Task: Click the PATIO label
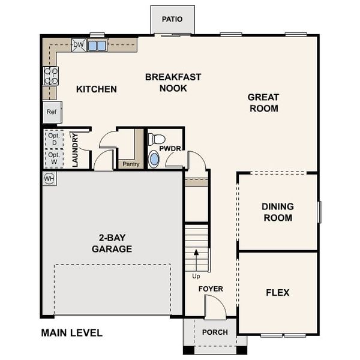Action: tap(172, 19)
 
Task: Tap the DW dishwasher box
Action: tap(78, 44)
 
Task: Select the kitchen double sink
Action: tap(97, 45)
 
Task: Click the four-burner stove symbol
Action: tap(51, 76)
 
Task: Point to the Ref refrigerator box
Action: tap(52, 112)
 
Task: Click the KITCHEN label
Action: tap(97, 89)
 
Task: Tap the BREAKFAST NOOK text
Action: tap(173, 83)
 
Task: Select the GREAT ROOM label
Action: tap(263, 103)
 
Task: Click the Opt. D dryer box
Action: tap(54, 139)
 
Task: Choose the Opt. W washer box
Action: tap(54, 158)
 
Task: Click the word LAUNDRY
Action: tap(76, 149)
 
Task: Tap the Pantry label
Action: tap(131, 164)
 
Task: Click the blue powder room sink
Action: tap(154, 159)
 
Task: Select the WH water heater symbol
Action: tap(49, 179)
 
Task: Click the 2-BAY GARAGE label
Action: tap(112, 244)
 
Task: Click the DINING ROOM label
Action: tap(277, 212)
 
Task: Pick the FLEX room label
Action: tap(277, 293)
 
